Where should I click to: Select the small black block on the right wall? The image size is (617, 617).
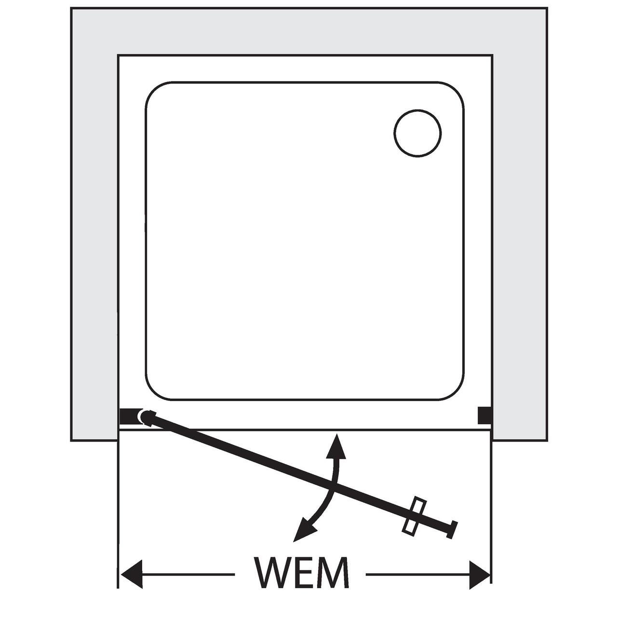pyautogui.click(x=484, y=415)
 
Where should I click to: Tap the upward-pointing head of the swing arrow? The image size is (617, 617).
pyautogui.click(x=336, y=447)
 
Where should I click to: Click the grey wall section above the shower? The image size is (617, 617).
pyautogui.click(x=308, y=31)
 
